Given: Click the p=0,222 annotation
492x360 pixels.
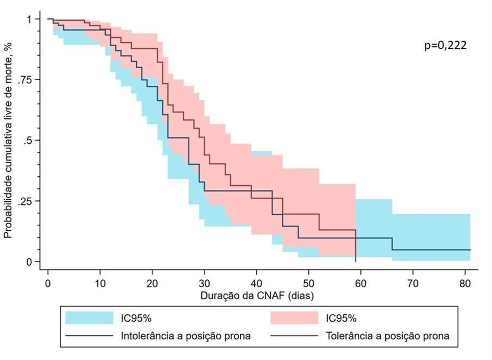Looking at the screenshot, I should click(x=446, y=46).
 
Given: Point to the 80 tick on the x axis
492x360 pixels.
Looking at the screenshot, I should click(x=465, y=284).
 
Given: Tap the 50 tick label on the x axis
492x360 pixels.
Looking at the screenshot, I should click(x=308, y=284).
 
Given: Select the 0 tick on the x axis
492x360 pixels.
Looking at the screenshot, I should click(x=48, y=284).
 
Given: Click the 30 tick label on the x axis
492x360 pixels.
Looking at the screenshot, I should click(x=204, y=284).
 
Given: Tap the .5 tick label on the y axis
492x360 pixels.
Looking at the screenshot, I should click(x=29, y=140).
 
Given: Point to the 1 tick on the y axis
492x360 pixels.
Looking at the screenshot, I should click(x=30, y=19).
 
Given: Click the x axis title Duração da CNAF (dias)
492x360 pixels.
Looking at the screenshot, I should click(x=255, y=295).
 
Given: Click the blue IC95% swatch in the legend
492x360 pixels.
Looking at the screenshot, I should click(x=89, y=317).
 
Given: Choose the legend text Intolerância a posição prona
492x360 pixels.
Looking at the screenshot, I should click(x=186, y=336).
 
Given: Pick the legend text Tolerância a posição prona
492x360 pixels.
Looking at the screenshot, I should click(x=387, y=336).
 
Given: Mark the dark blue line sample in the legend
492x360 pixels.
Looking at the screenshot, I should click(x=89, y=336).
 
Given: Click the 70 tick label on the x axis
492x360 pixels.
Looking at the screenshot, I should click(x=413, y=284).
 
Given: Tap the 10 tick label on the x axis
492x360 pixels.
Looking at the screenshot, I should click(x=100, y=284).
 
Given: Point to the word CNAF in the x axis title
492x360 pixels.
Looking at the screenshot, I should click(x=271, y=295).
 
